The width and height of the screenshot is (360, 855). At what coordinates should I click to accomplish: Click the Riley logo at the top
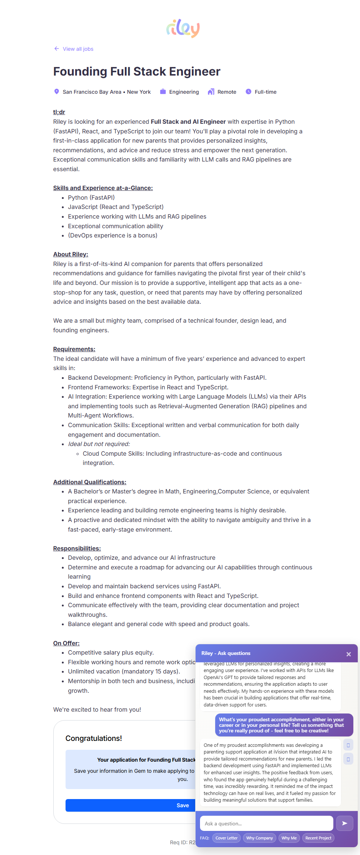click(x=183, y=29)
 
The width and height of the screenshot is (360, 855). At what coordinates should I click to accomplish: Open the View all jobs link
click(x=78, y=49)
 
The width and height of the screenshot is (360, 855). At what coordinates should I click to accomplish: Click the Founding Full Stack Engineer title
click(x=137, y=71)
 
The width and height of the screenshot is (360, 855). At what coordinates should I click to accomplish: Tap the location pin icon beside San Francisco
click(x=57, y=92)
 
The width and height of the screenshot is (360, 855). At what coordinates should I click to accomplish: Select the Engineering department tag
click(x=184, y=92)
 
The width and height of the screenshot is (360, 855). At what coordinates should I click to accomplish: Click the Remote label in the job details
click(x=227, y=92)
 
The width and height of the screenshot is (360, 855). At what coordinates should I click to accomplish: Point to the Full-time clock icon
click(x=249, y=92)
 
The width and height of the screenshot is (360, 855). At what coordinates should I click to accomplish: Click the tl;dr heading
click(x=59, y=112)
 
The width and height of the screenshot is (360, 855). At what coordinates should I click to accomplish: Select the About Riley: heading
click(x=71, y=254)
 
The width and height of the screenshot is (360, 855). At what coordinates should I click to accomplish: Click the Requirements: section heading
click(x=74, y=349)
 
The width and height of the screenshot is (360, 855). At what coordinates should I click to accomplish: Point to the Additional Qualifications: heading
click(x=90, y=482)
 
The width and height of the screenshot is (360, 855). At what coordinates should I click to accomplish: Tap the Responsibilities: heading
click(x=77, y=548)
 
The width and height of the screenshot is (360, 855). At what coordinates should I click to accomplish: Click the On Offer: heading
click(x=66, y=643)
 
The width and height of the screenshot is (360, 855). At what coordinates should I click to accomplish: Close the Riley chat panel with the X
click(x=349, y=654)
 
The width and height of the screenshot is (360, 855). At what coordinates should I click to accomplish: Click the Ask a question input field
click(x=266, y=824)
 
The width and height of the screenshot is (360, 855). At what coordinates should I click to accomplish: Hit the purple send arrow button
click(x=344, y=823)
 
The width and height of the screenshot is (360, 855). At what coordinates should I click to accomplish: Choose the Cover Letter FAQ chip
click(x=226, y=838)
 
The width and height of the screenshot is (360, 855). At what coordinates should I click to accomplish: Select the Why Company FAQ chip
click(x=259, y=838)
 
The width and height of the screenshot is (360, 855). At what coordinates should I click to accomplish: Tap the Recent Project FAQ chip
click(x=318, y=838)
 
